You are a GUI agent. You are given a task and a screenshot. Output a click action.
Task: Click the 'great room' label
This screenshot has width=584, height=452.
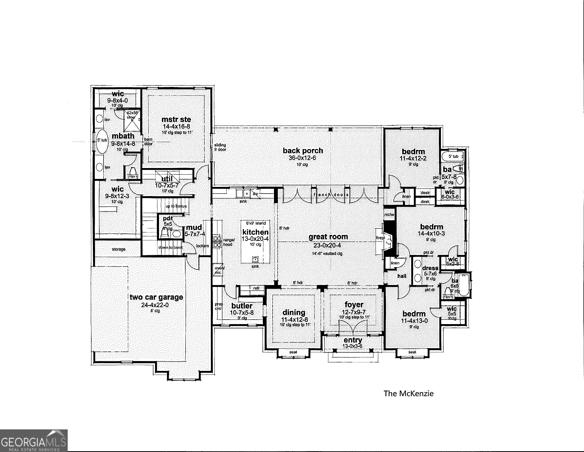328,237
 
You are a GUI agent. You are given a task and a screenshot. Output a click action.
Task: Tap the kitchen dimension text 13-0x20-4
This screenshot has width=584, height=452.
255,239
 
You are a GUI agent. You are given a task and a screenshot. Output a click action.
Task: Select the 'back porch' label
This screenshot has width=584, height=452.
303,151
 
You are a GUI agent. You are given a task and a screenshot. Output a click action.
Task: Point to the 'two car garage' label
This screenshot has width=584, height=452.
156,297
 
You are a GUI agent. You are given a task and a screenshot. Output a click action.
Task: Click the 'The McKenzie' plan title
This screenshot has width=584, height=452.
408,393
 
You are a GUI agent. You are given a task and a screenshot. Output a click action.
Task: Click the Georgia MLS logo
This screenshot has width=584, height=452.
33,441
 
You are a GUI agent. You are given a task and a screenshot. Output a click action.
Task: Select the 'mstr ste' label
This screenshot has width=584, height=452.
176,119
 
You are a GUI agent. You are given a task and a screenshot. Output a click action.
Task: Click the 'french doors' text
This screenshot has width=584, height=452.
331,195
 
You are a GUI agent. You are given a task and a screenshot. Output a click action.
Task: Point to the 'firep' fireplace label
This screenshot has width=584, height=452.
380,238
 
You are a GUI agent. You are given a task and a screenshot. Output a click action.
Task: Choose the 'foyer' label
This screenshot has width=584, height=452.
354,305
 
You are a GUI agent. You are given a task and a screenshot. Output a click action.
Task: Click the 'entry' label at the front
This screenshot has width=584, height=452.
353,340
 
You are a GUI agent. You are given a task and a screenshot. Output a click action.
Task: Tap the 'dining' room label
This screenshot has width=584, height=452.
294,312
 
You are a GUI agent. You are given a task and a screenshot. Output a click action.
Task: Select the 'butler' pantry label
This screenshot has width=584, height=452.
242,306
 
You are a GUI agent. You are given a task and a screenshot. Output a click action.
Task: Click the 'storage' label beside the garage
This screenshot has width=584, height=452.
118,249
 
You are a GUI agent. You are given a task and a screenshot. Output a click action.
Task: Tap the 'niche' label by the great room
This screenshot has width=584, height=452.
389,215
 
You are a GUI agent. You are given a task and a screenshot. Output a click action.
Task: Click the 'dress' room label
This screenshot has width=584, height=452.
430,268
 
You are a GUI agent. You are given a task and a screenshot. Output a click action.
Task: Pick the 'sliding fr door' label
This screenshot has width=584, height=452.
220,147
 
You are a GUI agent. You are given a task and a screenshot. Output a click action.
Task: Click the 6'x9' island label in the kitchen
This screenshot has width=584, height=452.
256,223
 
